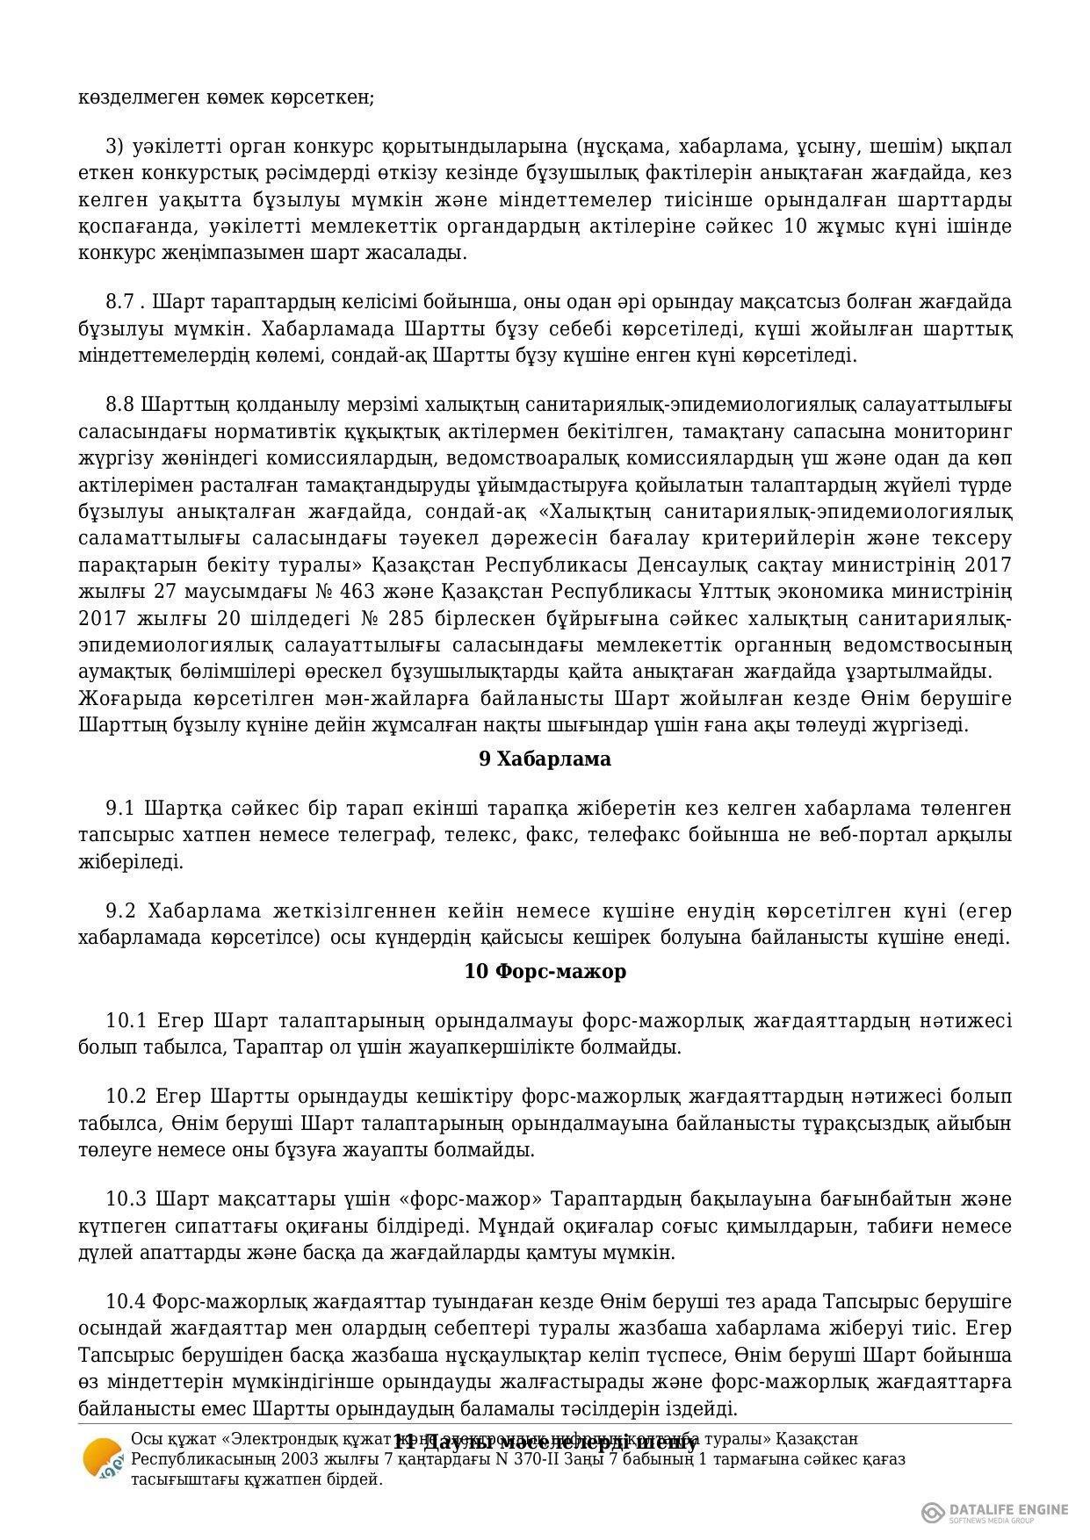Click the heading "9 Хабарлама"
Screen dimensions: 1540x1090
coord(545,759)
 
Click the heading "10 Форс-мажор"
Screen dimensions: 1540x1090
coord(545,972)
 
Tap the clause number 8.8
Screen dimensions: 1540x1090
coord(121,405)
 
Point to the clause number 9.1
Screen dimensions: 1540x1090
coord(121,808)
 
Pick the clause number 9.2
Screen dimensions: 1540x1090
coord(121,910)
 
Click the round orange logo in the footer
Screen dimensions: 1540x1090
coord(102,1459)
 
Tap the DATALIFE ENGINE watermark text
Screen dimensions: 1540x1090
coord(1008,1510)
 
